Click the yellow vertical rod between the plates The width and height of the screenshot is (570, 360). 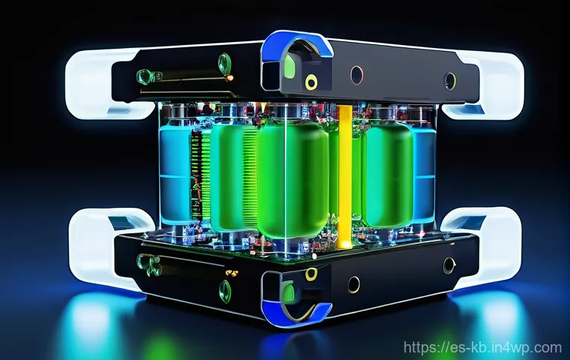(x=344, y=176)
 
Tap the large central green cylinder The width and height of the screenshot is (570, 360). (x=292, y=180)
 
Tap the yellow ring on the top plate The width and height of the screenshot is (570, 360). (x=310, y=81)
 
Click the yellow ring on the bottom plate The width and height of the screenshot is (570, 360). (x=310, y=274)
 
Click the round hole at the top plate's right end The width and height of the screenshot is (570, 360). (x=449, y=79)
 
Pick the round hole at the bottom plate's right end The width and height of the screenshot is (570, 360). (x=448, y=265)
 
